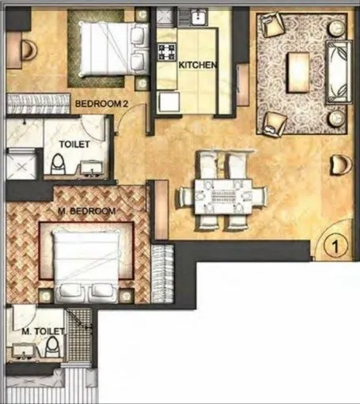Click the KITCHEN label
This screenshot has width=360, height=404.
coord(197,66)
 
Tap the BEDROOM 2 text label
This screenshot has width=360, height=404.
coord(97,103)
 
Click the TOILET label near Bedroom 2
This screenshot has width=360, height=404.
coord(74,144)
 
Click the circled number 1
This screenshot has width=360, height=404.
coord(335,247)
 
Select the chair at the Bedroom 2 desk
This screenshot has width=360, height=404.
coord(26,51)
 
